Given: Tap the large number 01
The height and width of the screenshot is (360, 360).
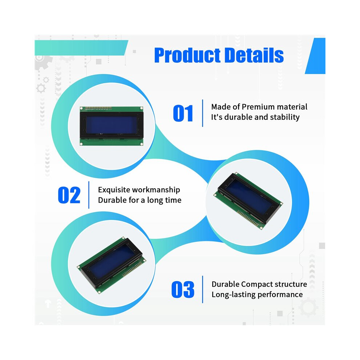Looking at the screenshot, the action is [x=183, y=113].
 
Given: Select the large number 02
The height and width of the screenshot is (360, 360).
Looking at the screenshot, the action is [x=69, y=195].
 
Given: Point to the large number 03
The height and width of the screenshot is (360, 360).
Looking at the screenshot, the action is [x=183, y=289].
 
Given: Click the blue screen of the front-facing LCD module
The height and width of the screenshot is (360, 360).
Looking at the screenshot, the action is [x=112, y=125].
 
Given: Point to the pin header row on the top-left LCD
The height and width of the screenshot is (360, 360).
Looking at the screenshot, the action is [x=99, y=108].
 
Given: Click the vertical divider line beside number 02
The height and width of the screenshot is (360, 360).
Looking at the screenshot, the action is [x=89, y=195].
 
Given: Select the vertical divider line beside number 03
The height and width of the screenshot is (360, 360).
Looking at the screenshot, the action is [x=203, y=289].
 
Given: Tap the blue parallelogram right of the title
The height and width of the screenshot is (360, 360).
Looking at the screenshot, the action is [x=316, y=56].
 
